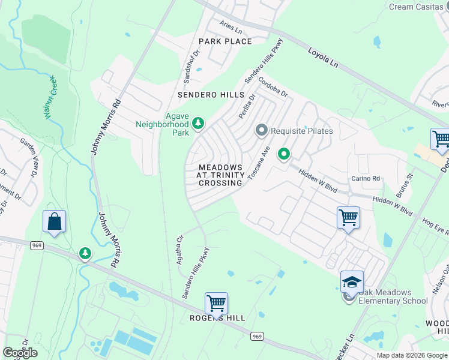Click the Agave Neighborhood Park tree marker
[198, 124]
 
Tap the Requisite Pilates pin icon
[261, 130]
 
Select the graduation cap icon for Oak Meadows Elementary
[352, 281]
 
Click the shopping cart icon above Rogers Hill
[216, 302]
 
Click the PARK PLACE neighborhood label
[225, 41]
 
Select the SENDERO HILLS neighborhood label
[211, 95]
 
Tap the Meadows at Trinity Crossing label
[220, 175]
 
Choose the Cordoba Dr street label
[273, 87]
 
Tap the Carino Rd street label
[366, 178]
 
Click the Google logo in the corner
[20, 352]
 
